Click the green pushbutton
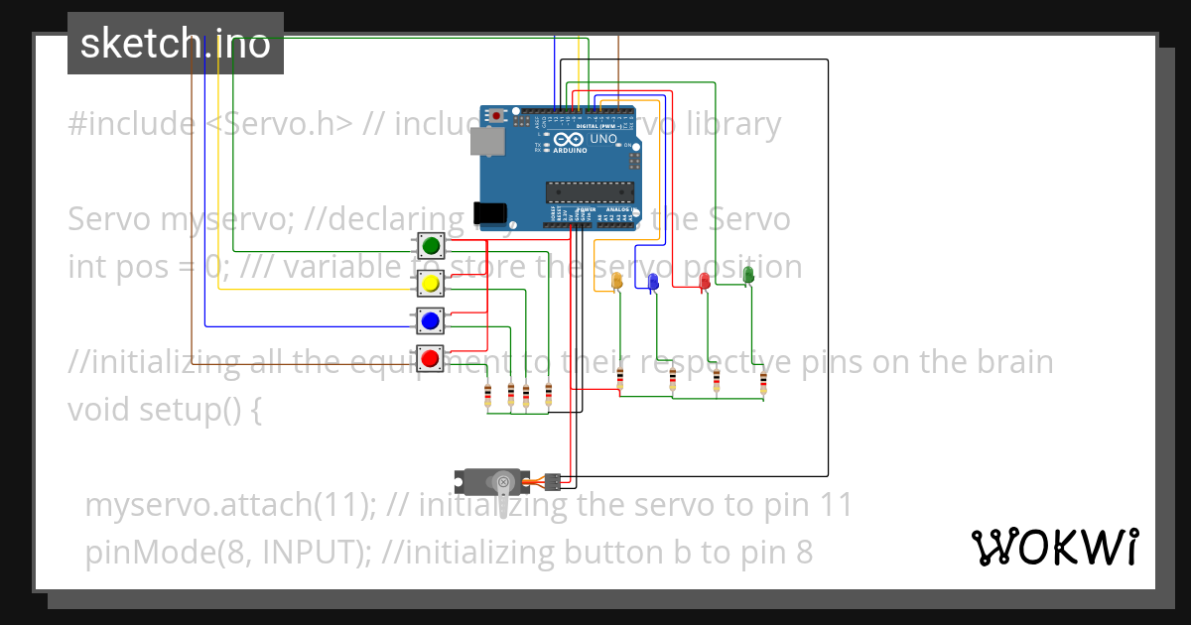(x=431, y=245)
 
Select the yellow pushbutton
(x=431, y=284)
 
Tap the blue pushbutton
(x=430, y=320)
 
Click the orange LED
(x=616, y=282)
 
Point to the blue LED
(x=653, y=282)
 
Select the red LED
(x=705, y=281)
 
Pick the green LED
(x=749, y=274)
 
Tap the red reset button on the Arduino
(x=496, y=116)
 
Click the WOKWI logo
(x=1055, y=547)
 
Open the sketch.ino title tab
(x=176, y=44)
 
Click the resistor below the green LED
(x=763, y=383)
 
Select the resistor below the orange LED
(x=620, y=378)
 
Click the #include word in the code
(x=131, y=124)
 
